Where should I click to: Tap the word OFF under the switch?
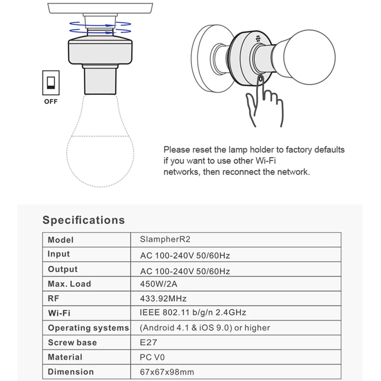point(51,102)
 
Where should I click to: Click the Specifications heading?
point(83,220)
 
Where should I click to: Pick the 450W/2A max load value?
point(159,284)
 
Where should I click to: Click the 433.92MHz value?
point(163,298)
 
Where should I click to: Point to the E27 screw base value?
point(149,342)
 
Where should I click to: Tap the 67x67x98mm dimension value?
point(167,372)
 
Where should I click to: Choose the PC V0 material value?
point(152,357)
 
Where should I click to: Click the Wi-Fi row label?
point(59,313)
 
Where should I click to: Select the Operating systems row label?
point(88,328)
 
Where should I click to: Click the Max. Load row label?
point(69,284)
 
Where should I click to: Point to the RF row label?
point(53,298)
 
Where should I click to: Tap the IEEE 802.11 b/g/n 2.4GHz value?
point(193,313)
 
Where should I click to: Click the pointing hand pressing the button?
point(264,103)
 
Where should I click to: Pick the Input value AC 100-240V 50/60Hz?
point(185,256)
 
